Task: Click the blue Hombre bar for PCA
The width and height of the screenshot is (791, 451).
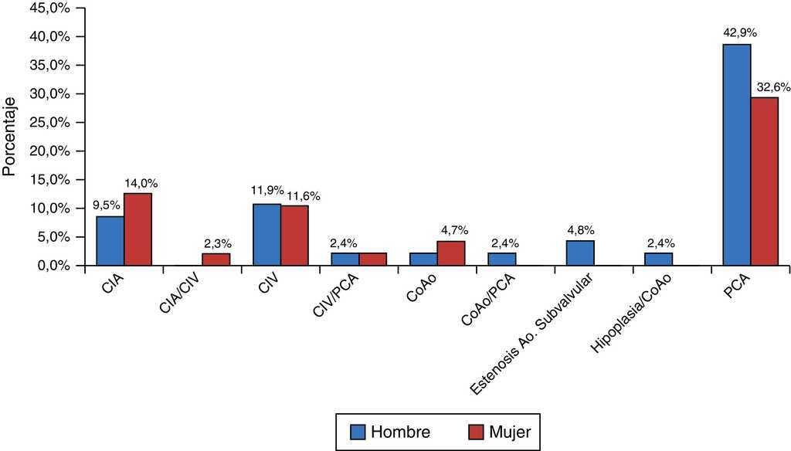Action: (736, 154)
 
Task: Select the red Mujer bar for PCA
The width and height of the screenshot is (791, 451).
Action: (764, 181)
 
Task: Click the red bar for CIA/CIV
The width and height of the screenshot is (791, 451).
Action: (216, 259)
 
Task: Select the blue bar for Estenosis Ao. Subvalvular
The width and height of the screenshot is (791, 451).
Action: (579, 253)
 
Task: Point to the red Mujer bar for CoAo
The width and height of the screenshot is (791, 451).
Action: (451, 253)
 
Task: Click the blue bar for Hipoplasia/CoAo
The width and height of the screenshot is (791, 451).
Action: (658, 259)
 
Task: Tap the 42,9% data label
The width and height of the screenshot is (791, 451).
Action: (739, 33)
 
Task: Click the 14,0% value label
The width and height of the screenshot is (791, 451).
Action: (141, 183)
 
